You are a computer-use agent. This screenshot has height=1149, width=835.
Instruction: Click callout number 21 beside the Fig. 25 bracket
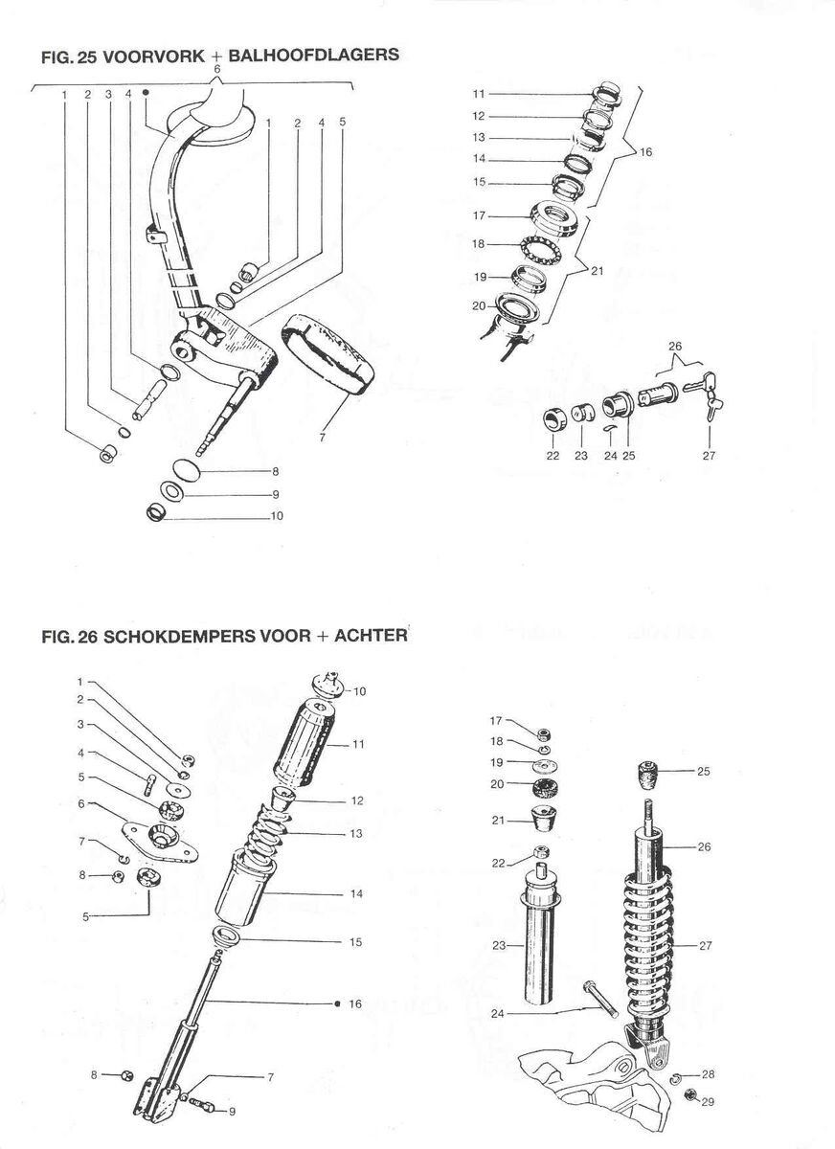tap(598, 271)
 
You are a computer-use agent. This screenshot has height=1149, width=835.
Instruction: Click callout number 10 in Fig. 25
tap(277, 516)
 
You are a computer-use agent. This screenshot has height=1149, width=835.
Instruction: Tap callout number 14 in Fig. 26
tap(355, 893)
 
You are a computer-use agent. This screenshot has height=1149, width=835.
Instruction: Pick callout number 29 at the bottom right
tap(708, 1103)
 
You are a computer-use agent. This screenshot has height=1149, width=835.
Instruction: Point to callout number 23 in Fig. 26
tap(498, 946)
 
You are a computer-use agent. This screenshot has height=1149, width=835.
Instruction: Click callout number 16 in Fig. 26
tap(355, 1003)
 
